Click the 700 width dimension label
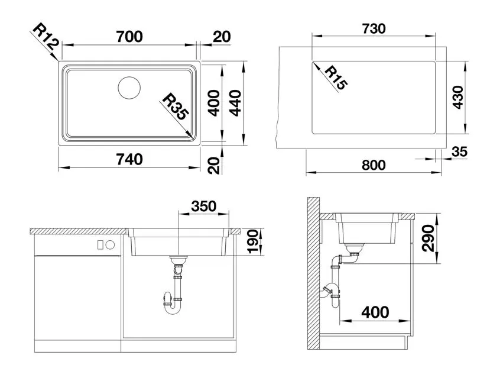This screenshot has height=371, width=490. pos(129,37)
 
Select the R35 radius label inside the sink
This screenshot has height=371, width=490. pos(176,107)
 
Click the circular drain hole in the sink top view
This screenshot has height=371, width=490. pos(129,88)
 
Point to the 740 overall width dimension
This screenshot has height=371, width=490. pos(129,160)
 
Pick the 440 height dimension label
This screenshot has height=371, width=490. pos(235,103)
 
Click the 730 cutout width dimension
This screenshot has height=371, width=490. pos(374,29)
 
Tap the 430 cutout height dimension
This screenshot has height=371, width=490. pos(458,97)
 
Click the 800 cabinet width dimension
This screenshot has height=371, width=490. pos(374,165)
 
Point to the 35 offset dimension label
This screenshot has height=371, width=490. pos(460,151)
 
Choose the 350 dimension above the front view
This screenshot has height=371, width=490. pos(204,207)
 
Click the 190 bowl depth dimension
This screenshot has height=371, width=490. pos(252,241)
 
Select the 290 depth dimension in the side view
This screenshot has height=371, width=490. pos(428,238)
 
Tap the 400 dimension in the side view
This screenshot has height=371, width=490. pos(375,312)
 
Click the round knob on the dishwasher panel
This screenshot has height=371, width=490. pos(111,245)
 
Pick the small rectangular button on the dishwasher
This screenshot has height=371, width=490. pos(100,245)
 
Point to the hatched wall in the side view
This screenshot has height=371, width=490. pos(313,273)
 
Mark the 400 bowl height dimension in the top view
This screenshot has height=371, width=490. pos(214,103)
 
